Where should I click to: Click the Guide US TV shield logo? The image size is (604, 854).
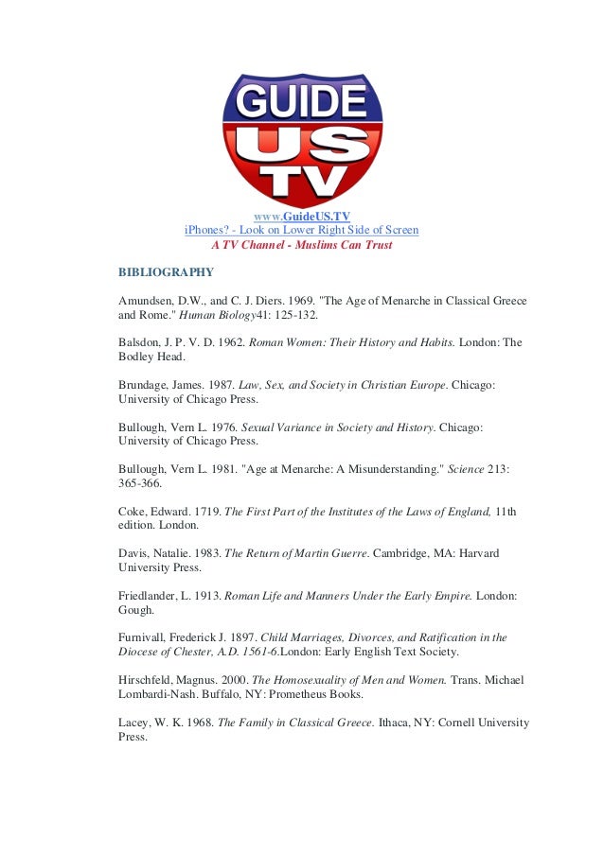(302, 137)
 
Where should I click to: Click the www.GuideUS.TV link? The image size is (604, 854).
(302, 216)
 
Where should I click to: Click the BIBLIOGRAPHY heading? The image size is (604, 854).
(166, 272)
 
